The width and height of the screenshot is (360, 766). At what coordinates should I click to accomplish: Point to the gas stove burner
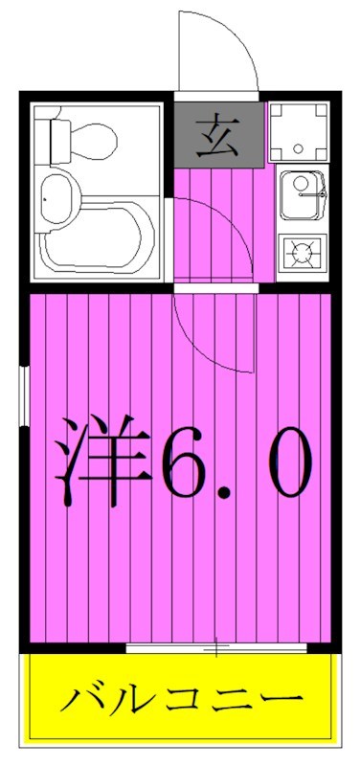(x=303, y=254)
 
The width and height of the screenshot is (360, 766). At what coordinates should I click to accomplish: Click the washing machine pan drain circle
(x=298, y=149)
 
